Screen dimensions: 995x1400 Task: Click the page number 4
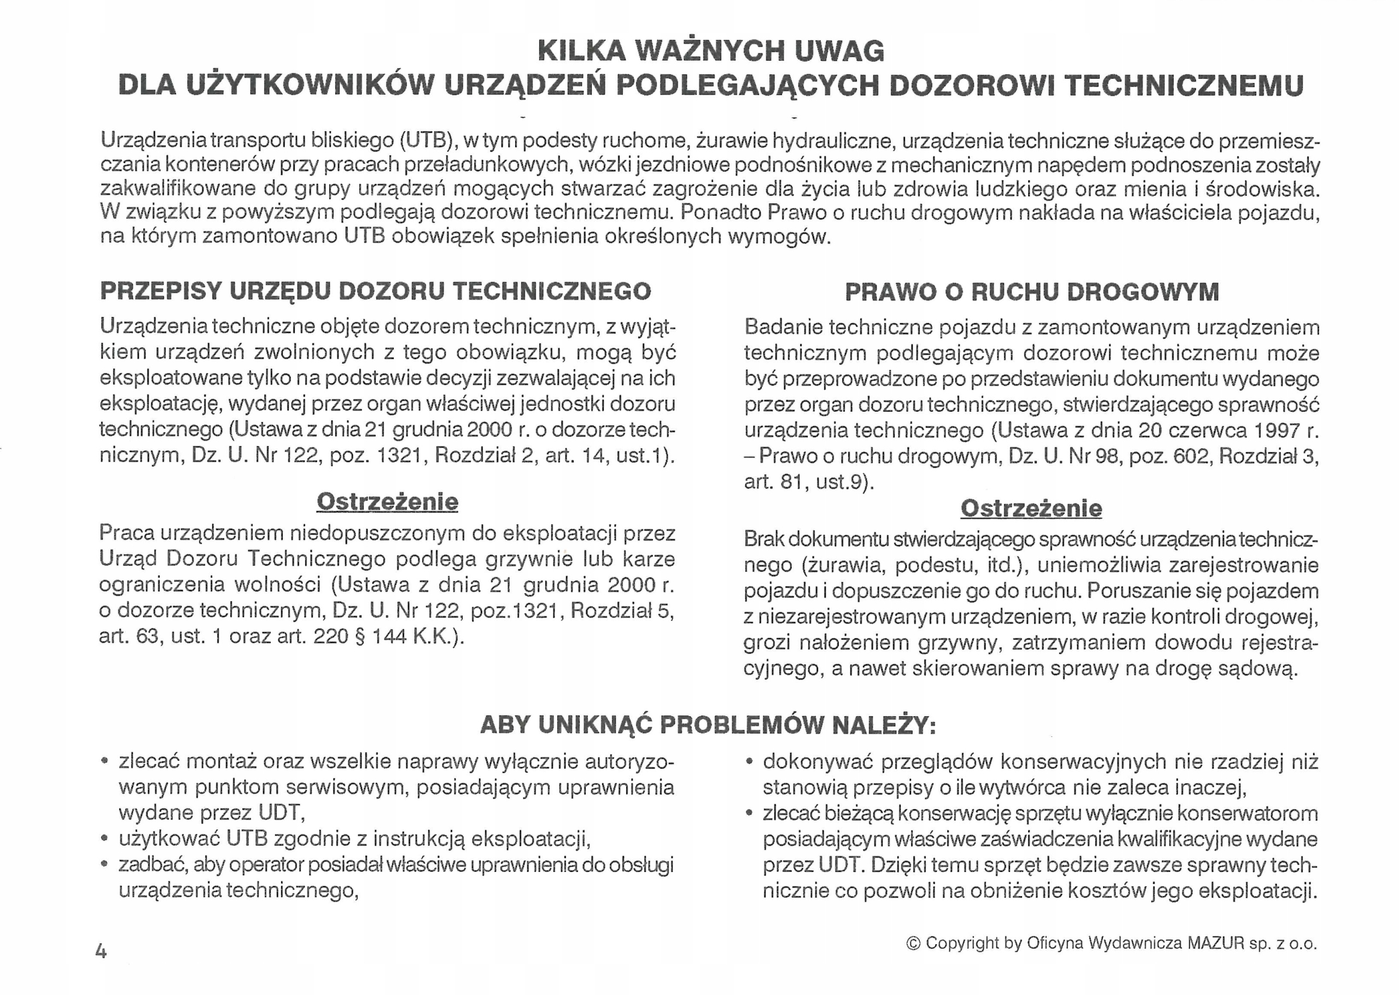(x=101, y=951)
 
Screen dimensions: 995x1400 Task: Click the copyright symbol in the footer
(x=913, y=944)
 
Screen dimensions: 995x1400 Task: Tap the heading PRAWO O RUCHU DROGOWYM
(x=1032, y=291)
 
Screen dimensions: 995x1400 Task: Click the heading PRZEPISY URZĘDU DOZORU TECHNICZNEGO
(x=376, y=291)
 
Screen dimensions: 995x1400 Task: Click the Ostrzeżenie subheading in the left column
(x=387, y=502)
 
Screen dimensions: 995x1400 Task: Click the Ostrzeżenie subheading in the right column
(x=1031, y=508)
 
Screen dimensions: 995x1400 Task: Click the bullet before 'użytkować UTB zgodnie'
(x=106, y=839)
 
